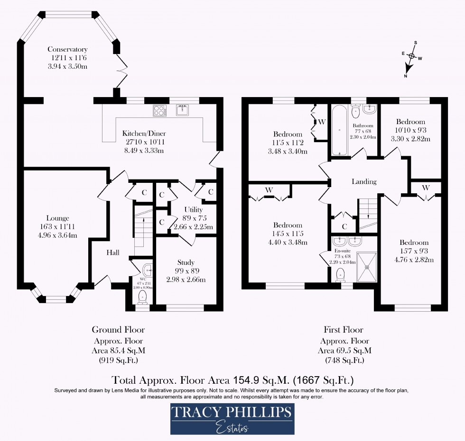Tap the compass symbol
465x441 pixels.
(x=411, y=56)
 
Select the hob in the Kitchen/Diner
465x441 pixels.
(x=159, y=110)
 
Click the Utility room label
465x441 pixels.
(x=193, y=210)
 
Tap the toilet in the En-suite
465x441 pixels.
(x=340, y=274)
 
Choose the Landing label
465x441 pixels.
(x=364, y=181)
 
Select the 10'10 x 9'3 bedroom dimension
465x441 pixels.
(x=410, y=130)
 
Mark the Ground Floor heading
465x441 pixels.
(x=118, y=330)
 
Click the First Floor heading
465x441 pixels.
(x=344, y=330)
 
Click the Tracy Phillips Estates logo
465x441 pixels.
(x=232, y=419)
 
